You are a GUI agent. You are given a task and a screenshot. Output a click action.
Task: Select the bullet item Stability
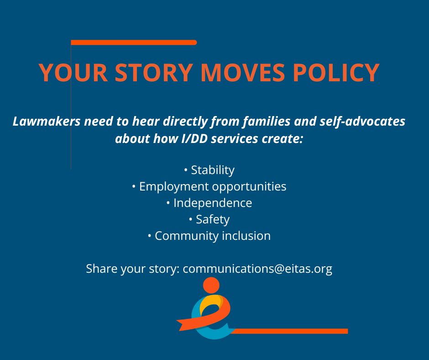pyautogui.click(x=212, y=170)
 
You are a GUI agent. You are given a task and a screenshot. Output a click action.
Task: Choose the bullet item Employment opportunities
pyautogui.click(x=212, y=186)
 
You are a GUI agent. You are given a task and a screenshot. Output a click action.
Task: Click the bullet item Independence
pyautogui.click(x=212, y=203)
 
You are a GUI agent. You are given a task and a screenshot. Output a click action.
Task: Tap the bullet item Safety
pyautogui.click(x=212, y=219)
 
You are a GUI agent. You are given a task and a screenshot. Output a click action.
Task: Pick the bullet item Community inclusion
pyautogui.click(x=212, y=236)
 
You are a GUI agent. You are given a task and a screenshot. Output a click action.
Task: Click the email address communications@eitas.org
pyautogui.click(x=257, y=269)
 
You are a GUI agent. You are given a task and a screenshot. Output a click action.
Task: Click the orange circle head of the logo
pyautogui.click(x=211, y=285)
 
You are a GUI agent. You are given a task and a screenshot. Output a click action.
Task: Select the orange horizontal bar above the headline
pyautogui.click(x=134, y=42)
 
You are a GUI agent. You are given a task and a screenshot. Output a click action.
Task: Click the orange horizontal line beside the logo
pyautogui.click(x=292, y=331)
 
